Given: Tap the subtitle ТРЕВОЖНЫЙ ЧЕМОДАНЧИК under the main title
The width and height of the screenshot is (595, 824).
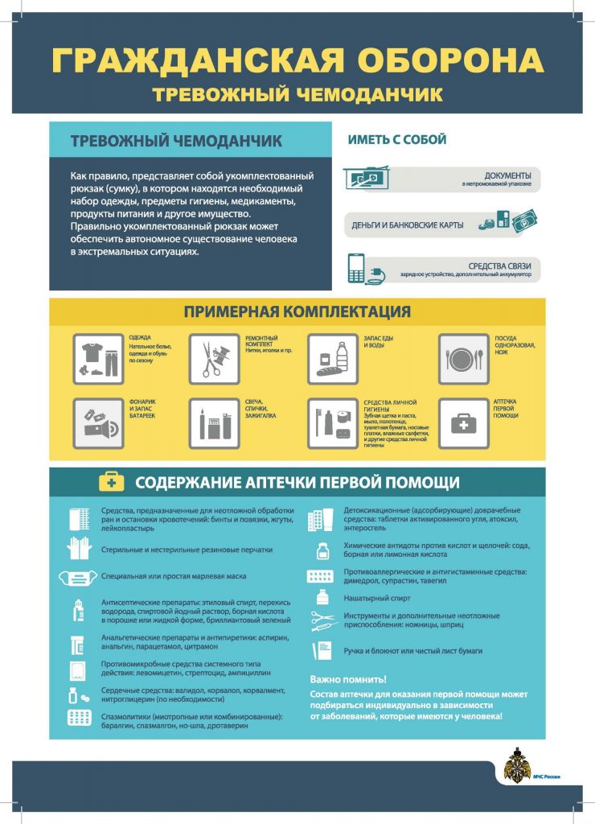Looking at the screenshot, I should (297, 95).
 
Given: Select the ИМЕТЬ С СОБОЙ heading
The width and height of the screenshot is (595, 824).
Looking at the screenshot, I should (396, 140).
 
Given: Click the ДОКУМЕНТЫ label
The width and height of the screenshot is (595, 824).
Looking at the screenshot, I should (507, 175).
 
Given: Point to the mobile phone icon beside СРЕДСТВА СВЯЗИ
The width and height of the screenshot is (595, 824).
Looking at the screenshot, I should (356, 268).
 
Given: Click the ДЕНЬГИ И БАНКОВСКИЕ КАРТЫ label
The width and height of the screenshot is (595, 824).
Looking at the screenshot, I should (408, 225).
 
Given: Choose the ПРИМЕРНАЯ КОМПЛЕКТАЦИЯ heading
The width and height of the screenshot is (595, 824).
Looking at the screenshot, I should (297, 311).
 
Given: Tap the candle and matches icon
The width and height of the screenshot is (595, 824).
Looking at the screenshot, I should (213, 422).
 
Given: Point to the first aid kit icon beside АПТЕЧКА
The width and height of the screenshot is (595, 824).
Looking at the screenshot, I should (463, 422).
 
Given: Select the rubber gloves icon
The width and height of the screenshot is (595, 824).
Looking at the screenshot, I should (79, 550).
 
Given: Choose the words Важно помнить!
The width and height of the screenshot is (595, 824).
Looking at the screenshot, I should (348, 678).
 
